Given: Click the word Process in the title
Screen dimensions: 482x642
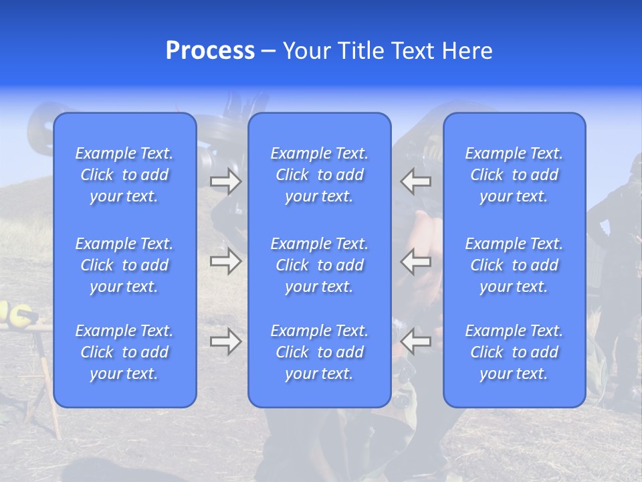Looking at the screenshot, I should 210,51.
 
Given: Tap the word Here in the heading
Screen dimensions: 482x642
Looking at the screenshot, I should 467,51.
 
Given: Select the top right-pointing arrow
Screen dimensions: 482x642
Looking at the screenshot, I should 226,181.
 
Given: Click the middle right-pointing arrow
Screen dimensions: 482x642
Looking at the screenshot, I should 226,261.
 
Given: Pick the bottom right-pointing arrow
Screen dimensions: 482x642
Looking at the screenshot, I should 226,342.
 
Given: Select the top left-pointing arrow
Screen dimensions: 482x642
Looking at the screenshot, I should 416,181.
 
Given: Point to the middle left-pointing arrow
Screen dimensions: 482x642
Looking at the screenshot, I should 416,261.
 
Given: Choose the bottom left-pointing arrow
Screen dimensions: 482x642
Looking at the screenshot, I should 416,342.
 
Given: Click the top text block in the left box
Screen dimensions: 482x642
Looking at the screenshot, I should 124,175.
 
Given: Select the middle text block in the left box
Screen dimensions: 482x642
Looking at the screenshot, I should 124,265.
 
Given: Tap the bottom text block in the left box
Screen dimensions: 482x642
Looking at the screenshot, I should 124,352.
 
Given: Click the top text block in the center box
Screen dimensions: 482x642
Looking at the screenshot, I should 320,175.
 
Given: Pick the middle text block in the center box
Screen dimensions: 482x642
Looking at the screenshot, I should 320,265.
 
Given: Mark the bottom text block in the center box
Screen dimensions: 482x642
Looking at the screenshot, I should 320,352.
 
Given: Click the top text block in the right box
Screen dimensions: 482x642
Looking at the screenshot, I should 514,175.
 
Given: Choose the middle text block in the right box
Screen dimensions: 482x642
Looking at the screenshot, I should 514,265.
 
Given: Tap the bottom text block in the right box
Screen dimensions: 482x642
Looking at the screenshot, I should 514,352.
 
